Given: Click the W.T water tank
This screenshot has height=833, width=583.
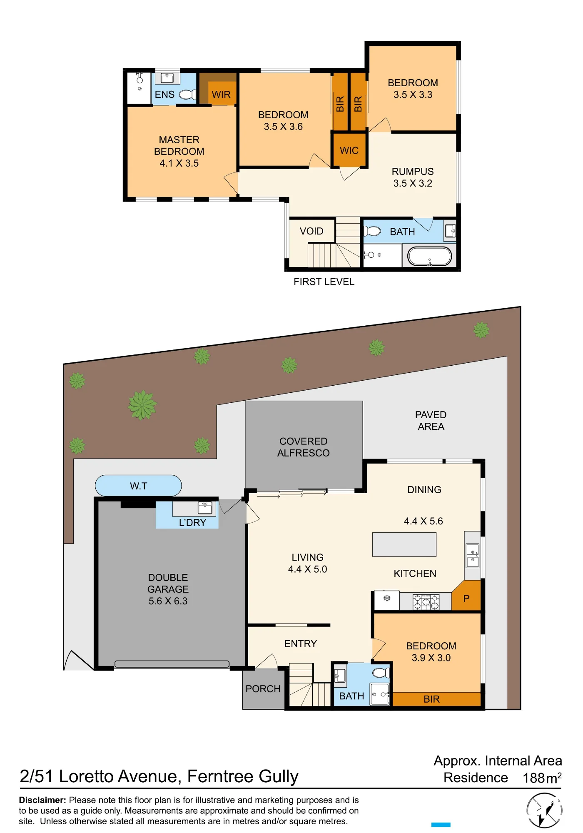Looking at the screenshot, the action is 138,486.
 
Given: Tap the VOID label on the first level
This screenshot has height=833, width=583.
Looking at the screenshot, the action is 311,231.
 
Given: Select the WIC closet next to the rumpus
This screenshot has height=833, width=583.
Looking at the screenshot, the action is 349,150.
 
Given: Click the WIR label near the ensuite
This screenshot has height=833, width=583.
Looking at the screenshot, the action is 221,95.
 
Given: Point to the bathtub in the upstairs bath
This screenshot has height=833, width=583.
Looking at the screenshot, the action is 429,256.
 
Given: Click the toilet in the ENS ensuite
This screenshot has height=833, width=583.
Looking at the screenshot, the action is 187,95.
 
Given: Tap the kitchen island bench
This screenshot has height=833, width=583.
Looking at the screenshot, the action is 404,544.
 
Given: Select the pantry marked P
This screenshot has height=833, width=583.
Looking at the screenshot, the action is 466,596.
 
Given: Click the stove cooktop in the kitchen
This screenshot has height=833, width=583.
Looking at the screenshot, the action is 426,601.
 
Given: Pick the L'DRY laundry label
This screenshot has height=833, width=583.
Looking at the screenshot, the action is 192,522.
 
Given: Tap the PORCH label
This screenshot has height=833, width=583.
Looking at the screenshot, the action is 263,689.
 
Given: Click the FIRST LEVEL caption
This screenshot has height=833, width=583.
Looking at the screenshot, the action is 324,282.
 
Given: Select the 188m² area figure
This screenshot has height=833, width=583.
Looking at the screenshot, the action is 542,778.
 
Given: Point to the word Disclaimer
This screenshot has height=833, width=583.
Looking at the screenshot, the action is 42,800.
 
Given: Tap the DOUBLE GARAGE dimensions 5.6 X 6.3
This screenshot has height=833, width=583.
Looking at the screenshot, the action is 168,601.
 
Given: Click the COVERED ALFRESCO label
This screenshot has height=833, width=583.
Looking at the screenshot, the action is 304,447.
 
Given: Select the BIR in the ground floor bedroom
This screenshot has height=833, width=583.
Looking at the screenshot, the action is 431,699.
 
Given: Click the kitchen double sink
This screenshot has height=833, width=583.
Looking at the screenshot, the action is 473,556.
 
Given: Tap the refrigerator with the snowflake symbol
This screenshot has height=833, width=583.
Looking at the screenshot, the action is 387,600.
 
